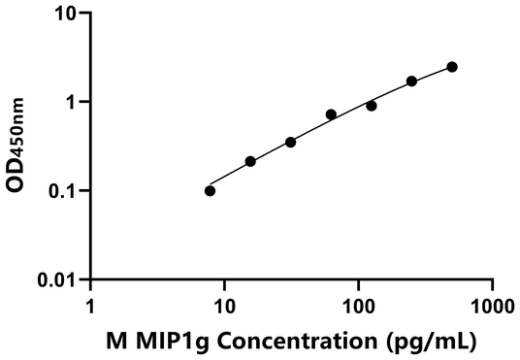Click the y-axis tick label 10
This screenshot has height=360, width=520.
[x=64, y=14]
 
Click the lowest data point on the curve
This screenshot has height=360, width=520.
[x=211, y=190]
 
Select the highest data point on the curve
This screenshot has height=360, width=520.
[x=452, y=67]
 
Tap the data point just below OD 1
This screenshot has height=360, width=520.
[x=372, y=106]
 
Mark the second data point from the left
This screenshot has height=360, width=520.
[x=250, y=161]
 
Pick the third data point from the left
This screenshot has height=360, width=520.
[x=291, y=142]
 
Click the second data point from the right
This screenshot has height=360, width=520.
[x=411, y=81]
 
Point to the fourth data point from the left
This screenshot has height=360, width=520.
[x=331, y=115]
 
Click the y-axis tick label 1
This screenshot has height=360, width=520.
[x=69, y=102]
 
